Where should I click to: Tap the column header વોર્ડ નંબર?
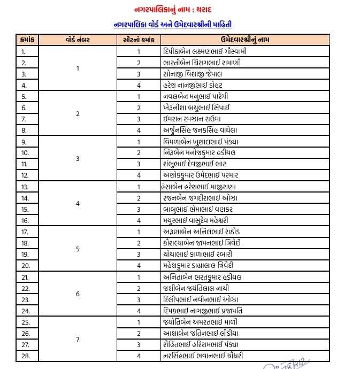click(78, 40)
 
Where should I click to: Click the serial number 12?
click(24, 175)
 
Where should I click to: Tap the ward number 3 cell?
click(78, 158)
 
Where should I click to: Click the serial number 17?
click(24, 232)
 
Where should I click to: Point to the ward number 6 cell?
click(78, 294)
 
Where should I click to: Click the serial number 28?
click(24, 356)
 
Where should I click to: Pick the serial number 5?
click(24, 96)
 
